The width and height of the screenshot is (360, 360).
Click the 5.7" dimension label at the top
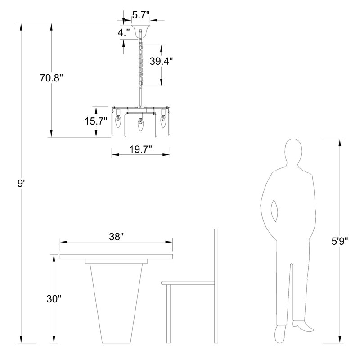click(x=141, y=15)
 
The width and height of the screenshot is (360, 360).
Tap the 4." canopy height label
click(x=124, y=33)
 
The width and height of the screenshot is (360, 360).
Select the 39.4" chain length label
click(x=161, y=61)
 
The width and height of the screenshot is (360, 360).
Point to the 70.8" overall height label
click(x=51, y=78)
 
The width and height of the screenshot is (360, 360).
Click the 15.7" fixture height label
click(x=96, y=121)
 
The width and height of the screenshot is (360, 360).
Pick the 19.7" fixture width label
click(x=141, y=149)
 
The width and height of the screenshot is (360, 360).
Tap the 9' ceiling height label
click(x=21, y=184)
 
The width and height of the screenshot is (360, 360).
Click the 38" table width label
click(x=117, y=237)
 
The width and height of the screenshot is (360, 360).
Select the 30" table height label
click(x=54, y=299)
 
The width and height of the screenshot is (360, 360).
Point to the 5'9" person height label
click(x=340, y=241)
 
